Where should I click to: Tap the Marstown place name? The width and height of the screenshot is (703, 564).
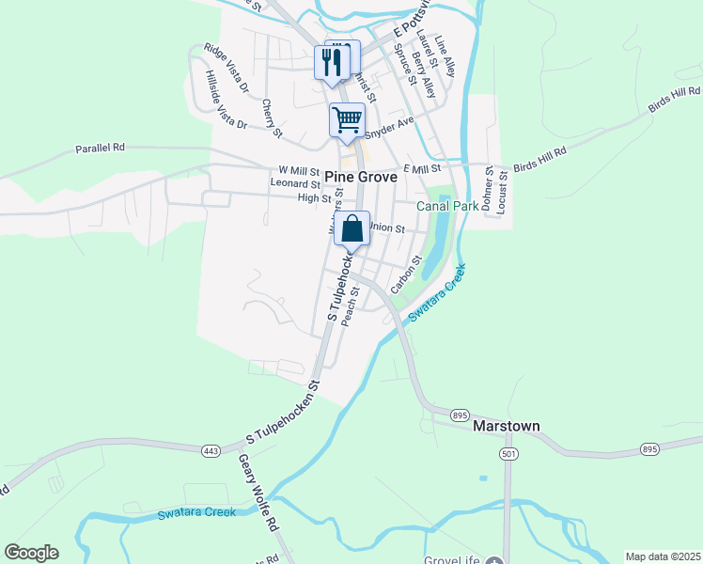coord(505,426)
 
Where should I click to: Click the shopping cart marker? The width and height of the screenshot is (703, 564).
coord(347,120)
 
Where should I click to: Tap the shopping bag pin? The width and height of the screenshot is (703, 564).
coord(351,228)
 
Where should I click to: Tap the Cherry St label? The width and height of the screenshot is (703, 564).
coord(273,118)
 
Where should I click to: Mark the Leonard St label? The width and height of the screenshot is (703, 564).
coord(295,184)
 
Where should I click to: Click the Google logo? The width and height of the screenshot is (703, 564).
coord(31,553)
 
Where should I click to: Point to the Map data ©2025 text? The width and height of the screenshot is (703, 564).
coord(663,556)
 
